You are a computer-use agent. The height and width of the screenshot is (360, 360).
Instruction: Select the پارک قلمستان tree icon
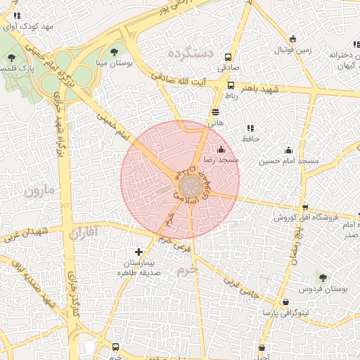coord(11,58)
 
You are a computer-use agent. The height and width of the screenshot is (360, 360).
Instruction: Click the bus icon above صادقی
coord(228,57)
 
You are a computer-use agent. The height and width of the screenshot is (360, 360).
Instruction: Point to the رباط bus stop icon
coord(231,84)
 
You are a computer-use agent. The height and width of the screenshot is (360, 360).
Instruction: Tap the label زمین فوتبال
coord(292,51)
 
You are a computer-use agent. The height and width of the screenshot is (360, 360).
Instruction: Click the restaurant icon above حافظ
coord(250,127)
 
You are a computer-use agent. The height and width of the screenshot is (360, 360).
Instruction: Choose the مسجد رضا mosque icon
coord(222,149)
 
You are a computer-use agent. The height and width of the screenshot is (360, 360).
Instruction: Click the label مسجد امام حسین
coord(288,161)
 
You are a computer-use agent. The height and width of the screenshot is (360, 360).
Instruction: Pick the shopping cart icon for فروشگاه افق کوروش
coord(304,207)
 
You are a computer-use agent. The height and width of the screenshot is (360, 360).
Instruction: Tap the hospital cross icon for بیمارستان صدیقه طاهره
coord(139,251)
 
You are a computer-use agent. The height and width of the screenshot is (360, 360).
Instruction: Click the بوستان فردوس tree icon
coord(323,278)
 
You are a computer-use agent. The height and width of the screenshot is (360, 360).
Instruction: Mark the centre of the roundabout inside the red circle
coord(189,187)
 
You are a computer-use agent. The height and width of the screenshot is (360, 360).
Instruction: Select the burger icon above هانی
coord(214,111)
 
